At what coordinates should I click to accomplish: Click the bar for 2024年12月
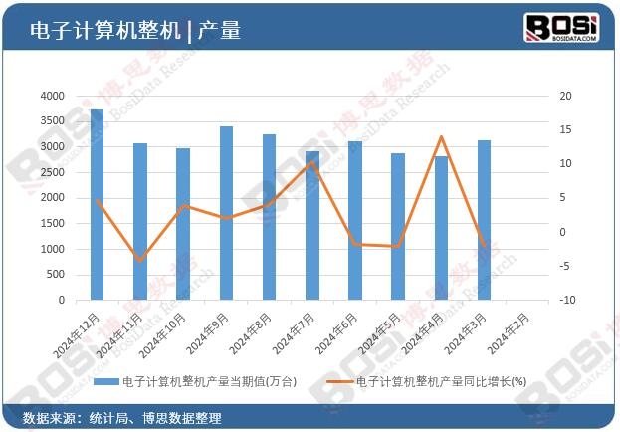click(x=98, y=204)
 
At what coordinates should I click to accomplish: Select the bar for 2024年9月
click(x=226, y=213)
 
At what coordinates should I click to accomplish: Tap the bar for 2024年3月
click(x=484, y=220)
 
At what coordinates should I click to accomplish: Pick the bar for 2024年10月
click(x=183, y=224)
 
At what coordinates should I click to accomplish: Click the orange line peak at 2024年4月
click(x=441, y=137)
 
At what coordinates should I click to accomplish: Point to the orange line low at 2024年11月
click(x=140, y=261)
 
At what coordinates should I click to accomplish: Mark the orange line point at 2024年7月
click(x=312, y=163)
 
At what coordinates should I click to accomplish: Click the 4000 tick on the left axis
click(x=52, y=96)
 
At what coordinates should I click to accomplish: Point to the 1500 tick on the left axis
click(x=52, y=223)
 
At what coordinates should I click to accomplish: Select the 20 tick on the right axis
click(x=565, y=96)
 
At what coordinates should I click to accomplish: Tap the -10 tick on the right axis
click(x=563, y=300)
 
